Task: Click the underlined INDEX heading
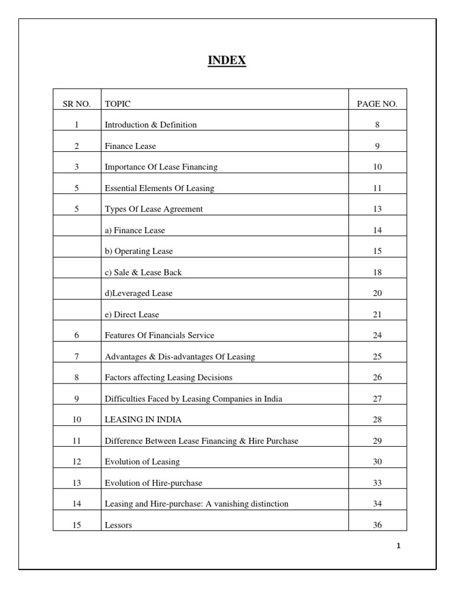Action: point(227,60)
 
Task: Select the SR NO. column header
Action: point(76,104)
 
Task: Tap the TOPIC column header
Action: point(118,104)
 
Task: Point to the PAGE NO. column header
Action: point(377,104)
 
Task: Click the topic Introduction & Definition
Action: point(151,125)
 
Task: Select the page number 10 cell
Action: point(377,167)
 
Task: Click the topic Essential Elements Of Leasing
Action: point(160,188)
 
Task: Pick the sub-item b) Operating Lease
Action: point(139,251)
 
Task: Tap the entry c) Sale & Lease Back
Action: point(143,272)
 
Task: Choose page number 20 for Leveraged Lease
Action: point(377,294)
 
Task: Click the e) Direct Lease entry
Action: point(132,314)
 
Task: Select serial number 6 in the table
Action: point(76,336)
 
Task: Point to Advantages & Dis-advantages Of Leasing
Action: point(180,357)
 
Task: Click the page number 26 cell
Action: point(377,378)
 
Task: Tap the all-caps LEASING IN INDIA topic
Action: point(143,419)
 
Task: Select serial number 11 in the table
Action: point(76,441)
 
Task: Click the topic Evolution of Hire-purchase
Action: point(153,483)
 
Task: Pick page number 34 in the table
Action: point(377,504)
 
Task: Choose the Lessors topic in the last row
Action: point(118,525)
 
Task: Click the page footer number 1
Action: point(398,546)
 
